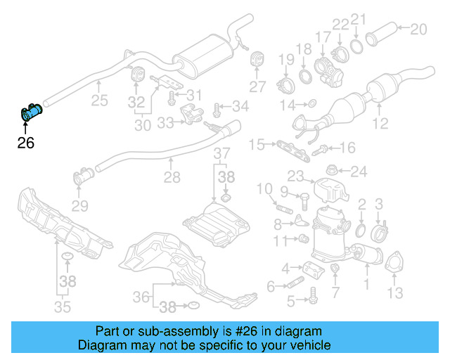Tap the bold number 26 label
[x=25, y=143]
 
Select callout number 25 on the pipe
[x=99, y=101]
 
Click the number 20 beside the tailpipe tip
[x=418, y=29]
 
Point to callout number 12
[x=380, y=124]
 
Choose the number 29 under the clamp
[x=80, y=206]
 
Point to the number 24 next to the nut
[x=359, y=171]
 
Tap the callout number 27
[x=258, y=86]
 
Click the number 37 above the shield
[x=221, y=154]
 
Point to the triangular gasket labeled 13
[x=392, y=262]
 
